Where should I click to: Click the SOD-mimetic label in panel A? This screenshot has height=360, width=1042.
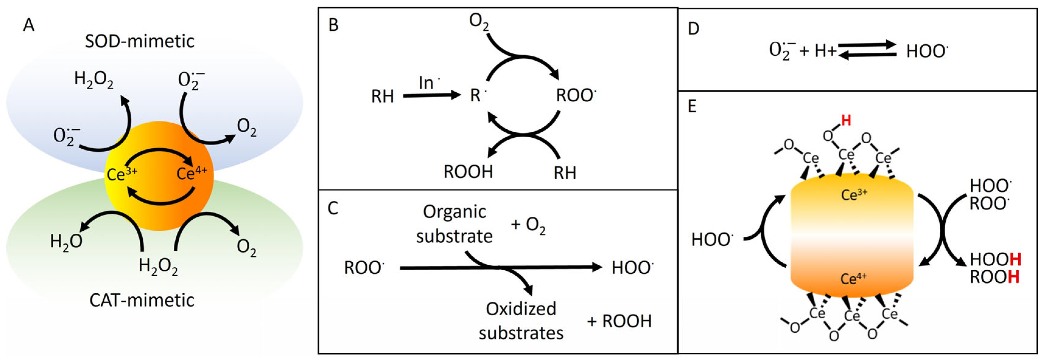tap(140, 41)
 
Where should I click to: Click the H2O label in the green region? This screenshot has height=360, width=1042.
tap(66, 242)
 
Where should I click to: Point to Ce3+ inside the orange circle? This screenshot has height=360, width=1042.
tap(122, 174)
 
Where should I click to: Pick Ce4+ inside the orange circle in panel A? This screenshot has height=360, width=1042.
tap(192, 173)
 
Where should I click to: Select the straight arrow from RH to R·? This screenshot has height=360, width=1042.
tap(431, 96)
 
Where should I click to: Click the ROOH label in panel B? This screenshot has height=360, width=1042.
tap(468, 172)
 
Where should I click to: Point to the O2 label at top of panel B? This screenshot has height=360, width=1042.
tap(478, 21)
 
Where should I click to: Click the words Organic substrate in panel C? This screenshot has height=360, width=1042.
tap(454, 224)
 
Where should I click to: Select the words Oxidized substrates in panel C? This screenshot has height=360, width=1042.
tap(521, 321)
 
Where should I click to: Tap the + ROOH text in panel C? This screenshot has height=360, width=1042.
tap(619, 321)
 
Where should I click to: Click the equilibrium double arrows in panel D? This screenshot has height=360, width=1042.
tap(867, 51)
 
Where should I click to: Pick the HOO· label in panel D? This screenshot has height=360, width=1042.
tap(927, 52)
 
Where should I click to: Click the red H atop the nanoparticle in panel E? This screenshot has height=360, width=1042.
tap(846, 120)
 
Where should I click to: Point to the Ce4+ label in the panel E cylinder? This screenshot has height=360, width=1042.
tap(853, 279)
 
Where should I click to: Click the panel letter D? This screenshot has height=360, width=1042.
tap(693, 28)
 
